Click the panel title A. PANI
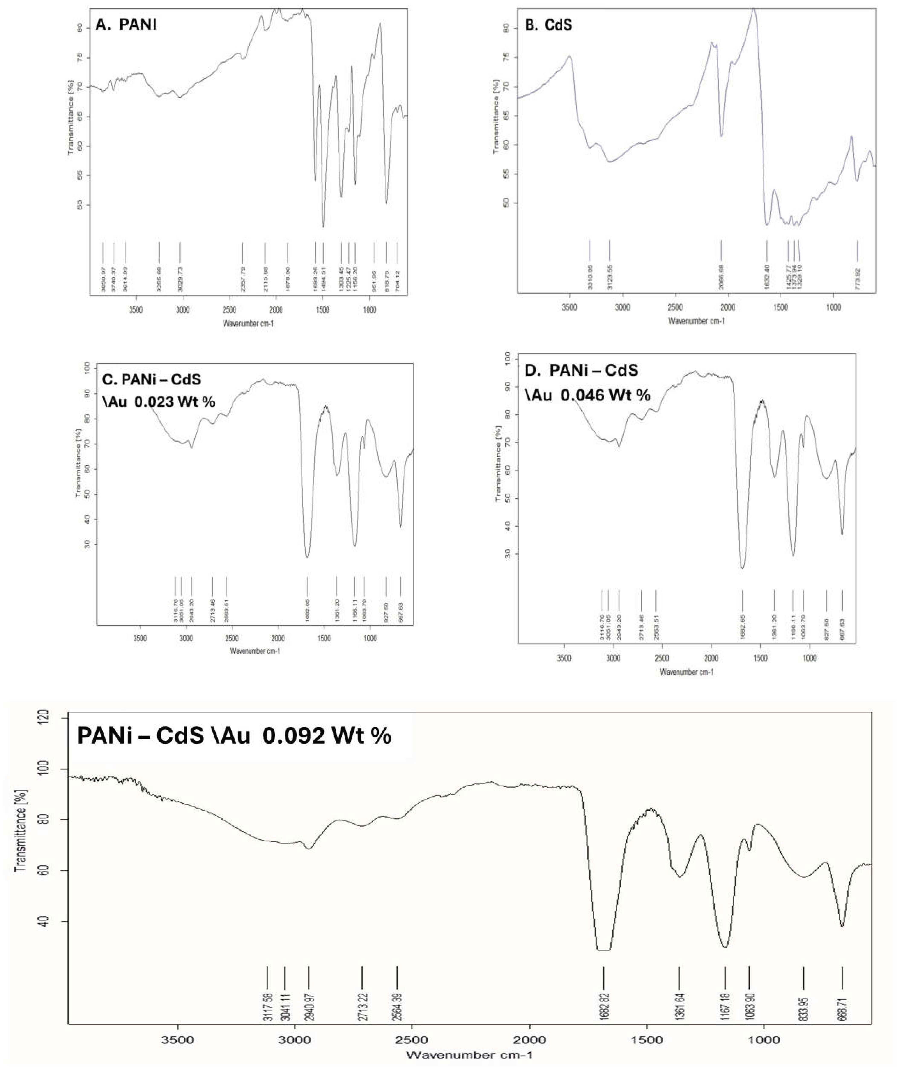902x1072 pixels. (x=126, y=25)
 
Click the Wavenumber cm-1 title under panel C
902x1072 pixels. (x=255, y=651)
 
